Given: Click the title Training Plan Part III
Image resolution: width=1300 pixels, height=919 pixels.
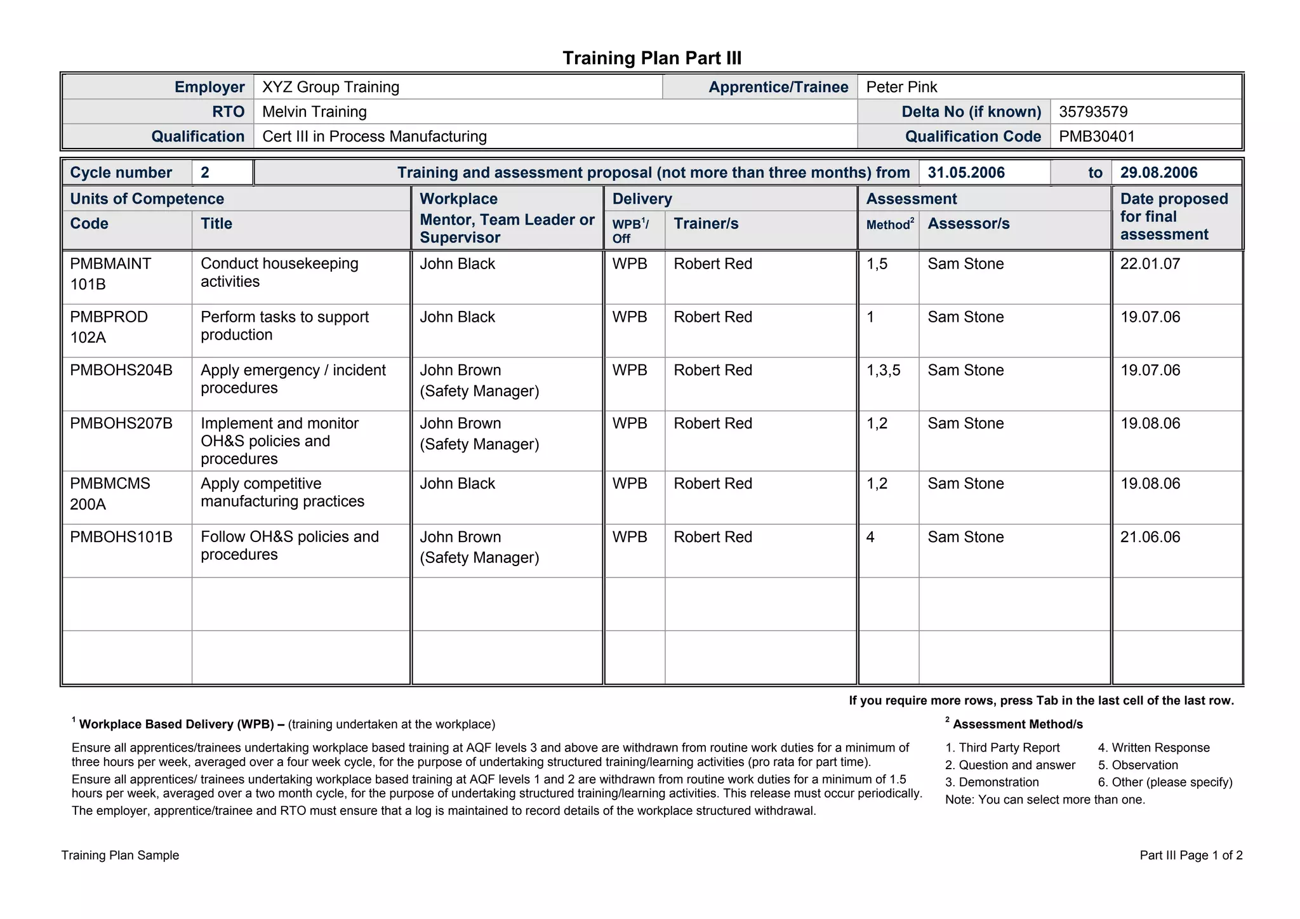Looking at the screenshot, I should (652, 58).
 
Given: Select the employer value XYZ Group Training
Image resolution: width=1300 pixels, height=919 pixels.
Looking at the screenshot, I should (331, 87).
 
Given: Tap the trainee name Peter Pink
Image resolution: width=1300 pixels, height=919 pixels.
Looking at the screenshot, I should (901, 87).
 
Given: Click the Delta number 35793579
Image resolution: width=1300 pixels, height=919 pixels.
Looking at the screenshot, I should (1093, 112).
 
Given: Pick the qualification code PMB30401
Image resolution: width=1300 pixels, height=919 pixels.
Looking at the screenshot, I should (1097, 136).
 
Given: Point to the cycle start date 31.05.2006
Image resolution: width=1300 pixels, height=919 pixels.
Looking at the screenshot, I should (966, 173).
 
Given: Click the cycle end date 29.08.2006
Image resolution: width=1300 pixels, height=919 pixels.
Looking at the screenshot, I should (1158, 173).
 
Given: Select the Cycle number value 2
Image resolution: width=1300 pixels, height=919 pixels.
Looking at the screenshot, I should (205, 173).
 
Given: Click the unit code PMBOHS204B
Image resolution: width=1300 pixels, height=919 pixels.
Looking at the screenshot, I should (121, 370).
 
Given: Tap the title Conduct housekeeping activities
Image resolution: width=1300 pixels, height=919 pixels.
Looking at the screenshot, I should (279, 272).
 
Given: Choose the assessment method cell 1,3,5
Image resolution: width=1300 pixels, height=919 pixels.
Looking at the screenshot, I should (883, 370).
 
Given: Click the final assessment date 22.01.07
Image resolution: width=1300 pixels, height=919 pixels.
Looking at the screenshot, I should (1150, 264).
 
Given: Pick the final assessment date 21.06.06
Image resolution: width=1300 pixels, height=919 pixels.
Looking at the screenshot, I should (1150, 537).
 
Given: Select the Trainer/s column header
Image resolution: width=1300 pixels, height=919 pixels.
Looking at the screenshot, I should (706, 223).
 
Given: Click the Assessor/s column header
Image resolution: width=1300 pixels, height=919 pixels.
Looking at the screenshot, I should (968, 223).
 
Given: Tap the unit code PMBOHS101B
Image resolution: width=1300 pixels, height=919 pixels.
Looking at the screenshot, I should (121, 537).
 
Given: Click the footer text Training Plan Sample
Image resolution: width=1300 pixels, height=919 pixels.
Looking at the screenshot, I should (120, 855).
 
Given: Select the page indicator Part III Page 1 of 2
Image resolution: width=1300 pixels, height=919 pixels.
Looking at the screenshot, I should (1191, 855).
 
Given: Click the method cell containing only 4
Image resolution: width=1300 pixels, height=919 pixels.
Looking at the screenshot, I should (871, 537).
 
